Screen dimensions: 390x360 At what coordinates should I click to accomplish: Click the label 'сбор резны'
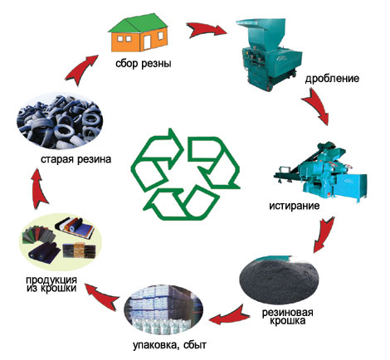pos(144,64)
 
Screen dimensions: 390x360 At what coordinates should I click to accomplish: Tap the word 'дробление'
pos(332,79)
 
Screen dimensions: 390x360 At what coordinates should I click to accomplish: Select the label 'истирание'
pos(295,206)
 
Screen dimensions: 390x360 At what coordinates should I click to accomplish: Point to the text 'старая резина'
pos(76,159)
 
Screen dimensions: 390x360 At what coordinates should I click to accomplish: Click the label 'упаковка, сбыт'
pos(169,346)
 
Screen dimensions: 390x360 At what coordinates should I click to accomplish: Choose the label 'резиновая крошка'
pos(288,317)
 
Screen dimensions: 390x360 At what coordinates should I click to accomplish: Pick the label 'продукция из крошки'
pos(51,284)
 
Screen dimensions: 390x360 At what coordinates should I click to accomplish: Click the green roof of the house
pos(138,23)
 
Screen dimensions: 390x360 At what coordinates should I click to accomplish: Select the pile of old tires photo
pos(60,121)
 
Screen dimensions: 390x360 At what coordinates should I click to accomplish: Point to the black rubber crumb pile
pos(280,280)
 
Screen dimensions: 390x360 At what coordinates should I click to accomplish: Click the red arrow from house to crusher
pos(206,30)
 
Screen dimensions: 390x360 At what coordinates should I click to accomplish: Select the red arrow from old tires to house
pos(80,70)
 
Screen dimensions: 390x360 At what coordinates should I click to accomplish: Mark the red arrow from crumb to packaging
pos(228,316)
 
